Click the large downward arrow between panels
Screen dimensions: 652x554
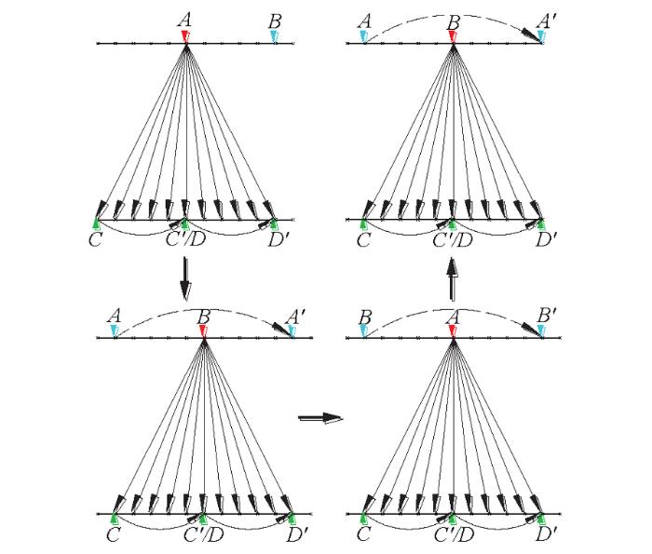[185, 279]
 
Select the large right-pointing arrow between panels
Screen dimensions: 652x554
[320, 417]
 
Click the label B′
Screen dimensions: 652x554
[547, 316]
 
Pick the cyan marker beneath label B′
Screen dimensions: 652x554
[540, 331]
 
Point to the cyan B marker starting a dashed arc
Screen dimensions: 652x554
[364, 331]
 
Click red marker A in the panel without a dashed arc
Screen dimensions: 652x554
[185, 36]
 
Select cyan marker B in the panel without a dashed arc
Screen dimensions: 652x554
[274, 36]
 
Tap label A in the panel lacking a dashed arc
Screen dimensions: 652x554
[185, 20]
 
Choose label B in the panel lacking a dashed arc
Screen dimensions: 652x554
[276, 21]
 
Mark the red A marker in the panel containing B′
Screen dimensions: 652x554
[453, 331]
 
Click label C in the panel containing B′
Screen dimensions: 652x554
[363, 534]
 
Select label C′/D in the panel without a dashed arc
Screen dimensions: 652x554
[186, 239]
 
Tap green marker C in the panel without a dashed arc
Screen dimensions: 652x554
[97, 223]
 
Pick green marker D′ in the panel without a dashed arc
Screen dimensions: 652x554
[274, 223]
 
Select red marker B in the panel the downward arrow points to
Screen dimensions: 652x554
[203, 331]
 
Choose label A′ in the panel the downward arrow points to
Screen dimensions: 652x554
[295, 317]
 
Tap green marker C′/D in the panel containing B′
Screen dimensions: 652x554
[453, 519]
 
